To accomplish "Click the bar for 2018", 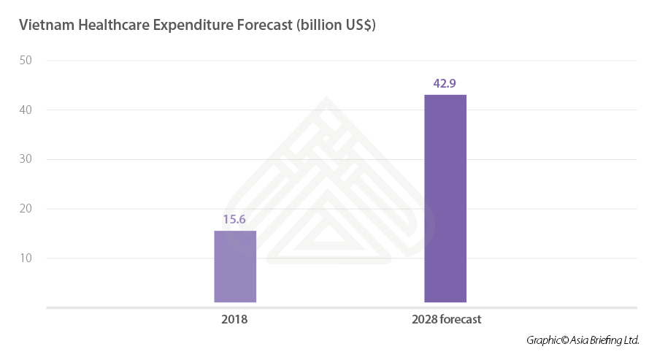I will [235, 267].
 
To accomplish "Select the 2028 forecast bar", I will [445, 199].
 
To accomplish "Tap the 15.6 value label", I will [235, 219].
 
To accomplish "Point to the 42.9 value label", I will [445, 83].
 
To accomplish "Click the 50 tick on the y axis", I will [26, 61].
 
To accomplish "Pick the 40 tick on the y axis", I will [26, 110].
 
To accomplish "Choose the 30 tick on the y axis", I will [26, 160].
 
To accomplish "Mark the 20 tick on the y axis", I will [26, 209].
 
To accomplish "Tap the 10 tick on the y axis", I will [26, 258].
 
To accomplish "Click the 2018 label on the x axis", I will [234, 320].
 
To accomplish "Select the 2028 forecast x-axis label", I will [446, 320].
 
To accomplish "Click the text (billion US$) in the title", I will [337, 25].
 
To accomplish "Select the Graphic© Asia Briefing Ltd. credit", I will [583, 340].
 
